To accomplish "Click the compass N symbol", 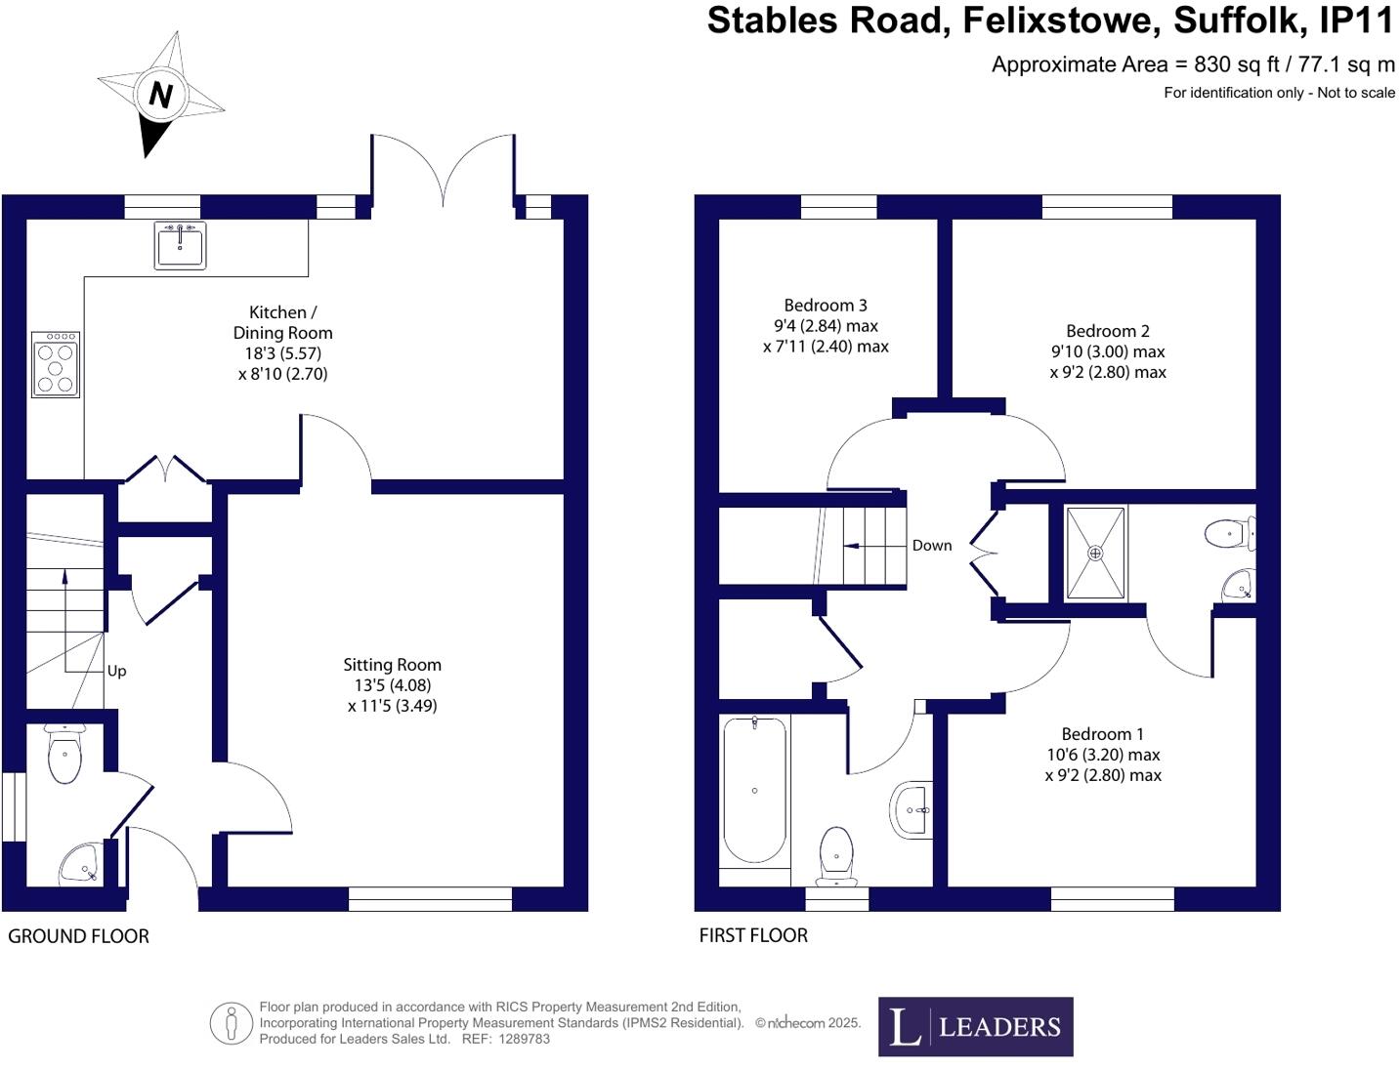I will click(160, 95).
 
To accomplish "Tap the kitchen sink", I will click(180, 245).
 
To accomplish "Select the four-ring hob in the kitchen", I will click(56, 364).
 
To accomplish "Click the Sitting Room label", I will click(392, 665).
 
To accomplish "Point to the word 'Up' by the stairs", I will click(116, 671).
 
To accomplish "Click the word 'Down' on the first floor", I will click(931, 546).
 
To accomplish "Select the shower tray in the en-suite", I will click(1094, 553).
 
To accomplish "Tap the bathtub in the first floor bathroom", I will click(753, 791).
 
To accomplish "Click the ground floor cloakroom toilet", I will click(64, 754).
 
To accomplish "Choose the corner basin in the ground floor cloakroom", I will click(78, 863).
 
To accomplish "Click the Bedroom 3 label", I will click(825, 306).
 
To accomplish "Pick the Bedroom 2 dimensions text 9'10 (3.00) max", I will click(1108, 351).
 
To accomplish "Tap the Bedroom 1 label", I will click(1102, 734).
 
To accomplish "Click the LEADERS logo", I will click(975, 1026).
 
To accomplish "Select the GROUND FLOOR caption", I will click(78, 936).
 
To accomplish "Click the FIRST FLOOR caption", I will click(753, 935).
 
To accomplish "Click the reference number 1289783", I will click(524, 1039).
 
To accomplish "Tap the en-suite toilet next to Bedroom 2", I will click(1227, 534).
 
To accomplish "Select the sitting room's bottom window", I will click(430, 899).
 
